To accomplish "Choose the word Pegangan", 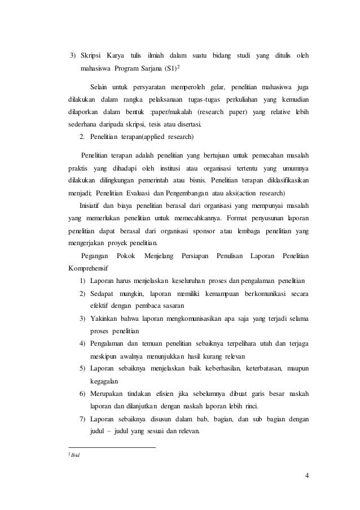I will coord(95,256).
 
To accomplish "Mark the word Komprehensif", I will coord(89,268).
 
